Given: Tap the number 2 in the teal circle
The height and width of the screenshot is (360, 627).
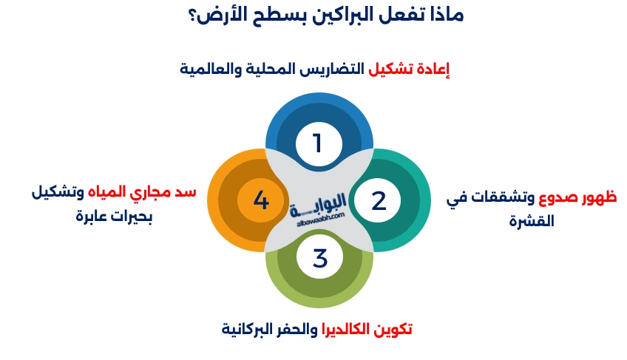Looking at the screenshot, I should pyautogui.click(x=378, y=201).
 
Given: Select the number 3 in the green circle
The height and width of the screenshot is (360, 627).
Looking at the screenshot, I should pyautogui.click(x=319, y=259).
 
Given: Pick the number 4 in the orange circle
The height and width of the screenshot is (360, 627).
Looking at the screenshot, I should pyautogui.click(x=260, y=200).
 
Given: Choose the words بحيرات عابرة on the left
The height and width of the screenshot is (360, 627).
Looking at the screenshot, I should pyautogui.click(x=114, y=218).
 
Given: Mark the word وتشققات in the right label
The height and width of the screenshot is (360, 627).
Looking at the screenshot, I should pyautogui.click(x=501, y=200).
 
